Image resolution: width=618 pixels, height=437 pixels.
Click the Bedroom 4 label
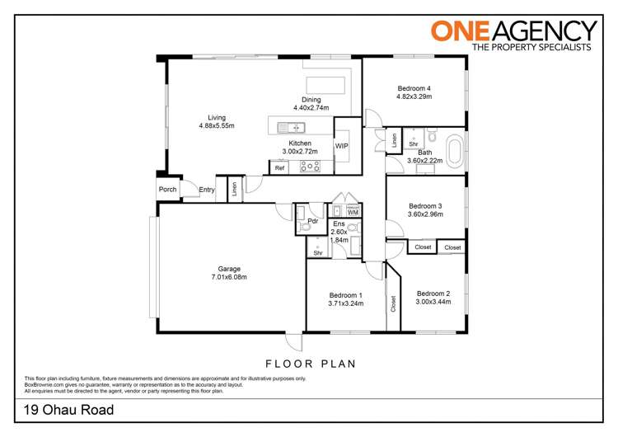point(414,88)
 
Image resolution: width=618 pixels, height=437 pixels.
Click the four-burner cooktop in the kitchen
point(310,167)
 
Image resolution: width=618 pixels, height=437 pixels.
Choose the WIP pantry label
point(341,146)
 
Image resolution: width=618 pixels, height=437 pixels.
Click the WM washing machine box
point(353,213)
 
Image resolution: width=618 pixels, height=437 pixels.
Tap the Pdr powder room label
point(313,221)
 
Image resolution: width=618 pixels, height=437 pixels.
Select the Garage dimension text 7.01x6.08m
point(229,277)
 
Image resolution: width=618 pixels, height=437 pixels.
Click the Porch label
point(168,190)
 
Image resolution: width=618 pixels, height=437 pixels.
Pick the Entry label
point(207,190)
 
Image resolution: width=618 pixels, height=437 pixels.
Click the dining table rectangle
point(325,86)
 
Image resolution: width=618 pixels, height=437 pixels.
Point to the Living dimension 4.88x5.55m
point(217,126)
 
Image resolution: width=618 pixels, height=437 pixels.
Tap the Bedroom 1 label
point(345,294)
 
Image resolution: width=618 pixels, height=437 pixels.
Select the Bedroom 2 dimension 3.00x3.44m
point(433,303)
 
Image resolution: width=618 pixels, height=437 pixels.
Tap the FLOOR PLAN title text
point(310,363)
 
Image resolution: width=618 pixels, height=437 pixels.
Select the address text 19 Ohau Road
point(68,410)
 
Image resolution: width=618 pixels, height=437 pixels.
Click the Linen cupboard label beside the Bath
point(395,140)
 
